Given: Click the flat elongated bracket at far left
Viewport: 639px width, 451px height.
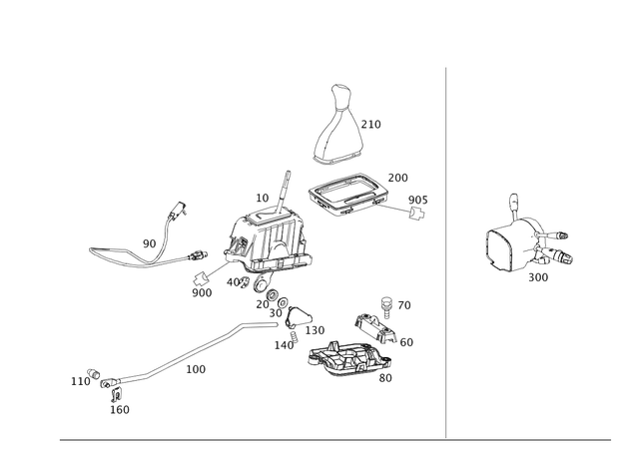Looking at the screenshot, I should tap(115, 255).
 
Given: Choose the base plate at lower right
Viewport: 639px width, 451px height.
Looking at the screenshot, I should tap(344, 359).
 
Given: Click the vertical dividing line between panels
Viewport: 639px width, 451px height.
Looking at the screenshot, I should tap(445, 249).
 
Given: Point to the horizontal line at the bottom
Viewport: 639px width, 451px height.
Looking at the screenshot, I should tap(349, 437).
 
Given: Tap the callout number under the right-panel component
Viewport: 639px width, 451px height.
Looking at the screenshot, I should tap(539, 276).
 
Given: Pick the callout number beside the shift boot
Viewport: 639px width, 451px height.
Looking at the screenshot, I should tap(374, 125).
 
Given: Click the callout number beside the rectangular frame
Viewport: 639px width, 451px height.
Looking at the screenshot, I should tap(397, 177).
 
